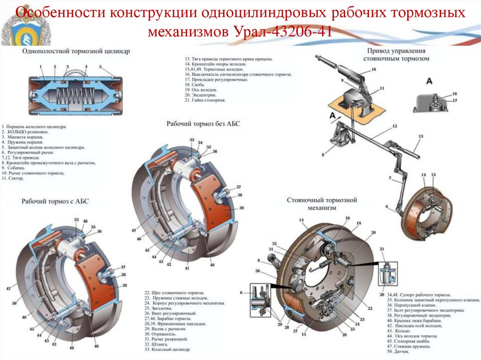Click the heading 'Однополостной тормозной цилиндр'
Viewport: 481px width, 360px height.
click(x=76, y=51)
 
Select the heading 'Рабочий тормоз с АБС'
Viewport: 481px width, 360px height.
click(x=55, y=201)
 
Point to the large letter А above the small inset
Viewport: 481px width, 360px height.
click(x=429, y=81)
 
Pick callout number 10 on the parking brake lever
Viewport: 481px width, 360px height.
click(x=374, y=70)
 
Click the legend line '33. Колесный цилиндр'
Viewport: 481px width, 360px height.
click(x=167, y=350)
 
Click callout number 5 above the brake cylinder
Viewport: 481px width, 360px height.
click(x=101, y=67)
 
